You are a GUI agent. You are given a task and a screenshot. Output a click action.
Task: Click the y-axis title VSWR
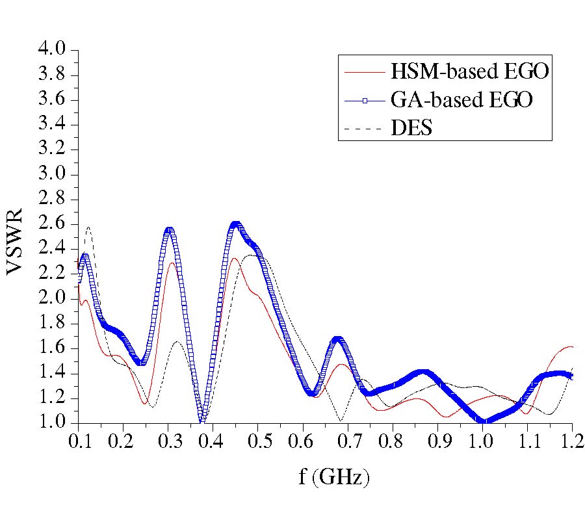coord(16,241)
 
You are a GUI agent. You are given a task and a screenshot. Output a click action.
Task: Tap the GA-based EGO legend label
coord(462,100)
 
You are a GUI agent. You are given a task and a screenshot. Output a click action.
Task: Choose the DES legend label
coord(411,129)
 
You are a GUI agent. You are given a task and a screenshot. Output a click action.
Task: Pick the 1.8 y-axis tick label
coord(53,324)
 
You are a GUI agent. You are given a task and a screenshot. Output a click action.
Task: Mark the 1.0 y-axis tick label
coord(53,423)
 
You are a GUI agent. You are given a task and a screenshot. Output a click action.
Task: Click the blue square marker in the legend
coord(365,100)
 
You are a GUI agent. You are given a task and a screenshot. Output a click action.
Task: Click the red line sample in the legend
coord(365,71)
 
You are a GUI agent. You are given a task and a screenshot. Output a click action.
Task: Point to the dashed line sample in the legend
coord(365,129)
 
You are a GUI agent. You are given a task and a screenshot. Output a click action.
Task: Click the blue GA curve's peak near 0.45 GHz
coord(235,224)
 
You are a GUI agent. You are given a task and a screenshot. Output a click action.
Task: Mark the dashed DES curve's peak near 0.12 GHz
coord(88,227)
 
